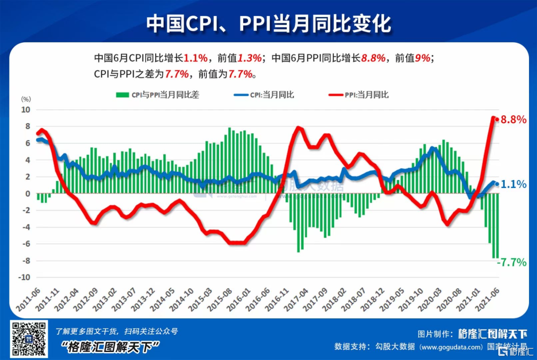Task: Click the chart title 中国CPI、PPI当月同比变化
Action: coord(268,23)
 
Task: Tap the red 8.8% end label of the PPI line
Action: coord(513,120)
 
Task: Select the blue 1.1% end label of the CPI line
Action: coord(514,184)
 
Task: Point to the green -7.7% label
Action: coord(512,262)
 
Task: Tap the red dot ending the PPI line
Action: coord(496,119)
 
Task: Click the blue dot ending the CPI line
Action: coord(496,184)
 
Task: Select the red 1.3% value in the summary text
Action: coord(249,58)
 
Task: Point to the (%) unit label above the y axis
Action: coord(25,99)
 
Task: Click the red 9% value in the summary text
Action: coord(423,58)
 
